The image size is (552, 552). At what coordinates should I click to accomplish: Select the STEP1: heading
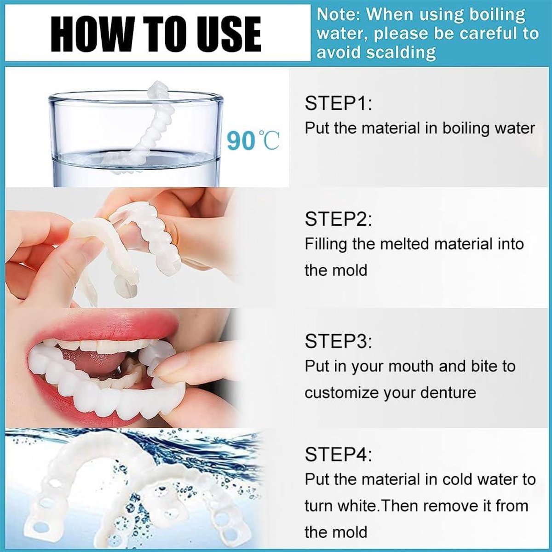pyautogui.click(x=338, y=103)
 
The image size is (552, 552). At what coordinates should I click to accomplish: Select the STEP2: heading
pyautogui.click(x=338, y=219)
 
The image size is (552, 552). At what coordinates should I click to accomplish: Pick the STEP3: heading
pyautogui.click(x=338, y=341)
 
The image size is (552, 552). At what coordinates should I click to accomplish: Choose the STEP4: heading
pyautogui.click(x=338, y=454)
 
